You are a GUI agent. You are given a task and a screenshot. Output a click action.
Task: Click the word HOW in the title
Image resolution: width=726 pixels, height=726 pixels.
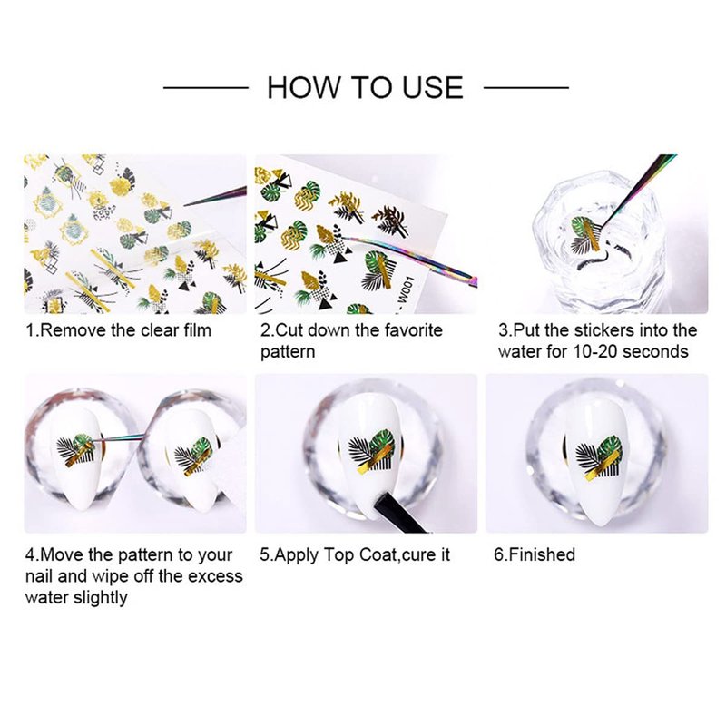click(304, 87)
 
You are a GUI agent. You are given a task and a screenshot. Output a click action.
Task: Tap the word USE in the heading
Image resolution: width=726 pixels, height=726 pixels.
click(433, 87)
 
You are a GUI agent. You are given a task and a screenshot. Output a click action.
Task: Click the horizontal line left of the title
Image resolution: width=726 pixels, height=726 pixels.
click(206, 87)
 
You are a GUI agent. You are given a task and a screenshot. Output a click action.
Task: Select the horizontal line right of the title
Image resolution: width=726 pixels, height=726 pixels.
click(526, 87)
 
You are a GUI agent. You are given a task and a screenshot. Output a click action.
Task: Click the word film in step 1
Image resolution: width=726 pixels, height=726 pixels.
click(196, 330)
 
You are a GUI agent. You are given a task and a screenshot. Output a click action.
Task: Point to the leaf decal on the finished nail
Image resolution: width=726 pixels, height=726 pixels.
click(598, 458)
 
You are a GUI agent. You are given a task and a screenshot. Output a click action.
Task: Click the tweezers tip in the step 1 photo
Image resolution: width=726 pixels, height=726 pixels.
click(185, 205)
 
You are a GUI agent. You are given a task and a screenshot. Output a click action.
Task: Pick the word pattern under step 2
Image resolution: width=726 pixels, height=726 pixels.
click(288, 352)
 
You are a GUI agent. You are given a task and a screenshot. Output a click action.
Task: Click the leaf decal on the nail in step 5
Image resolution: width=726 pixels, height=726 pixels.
click(371, 452)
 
